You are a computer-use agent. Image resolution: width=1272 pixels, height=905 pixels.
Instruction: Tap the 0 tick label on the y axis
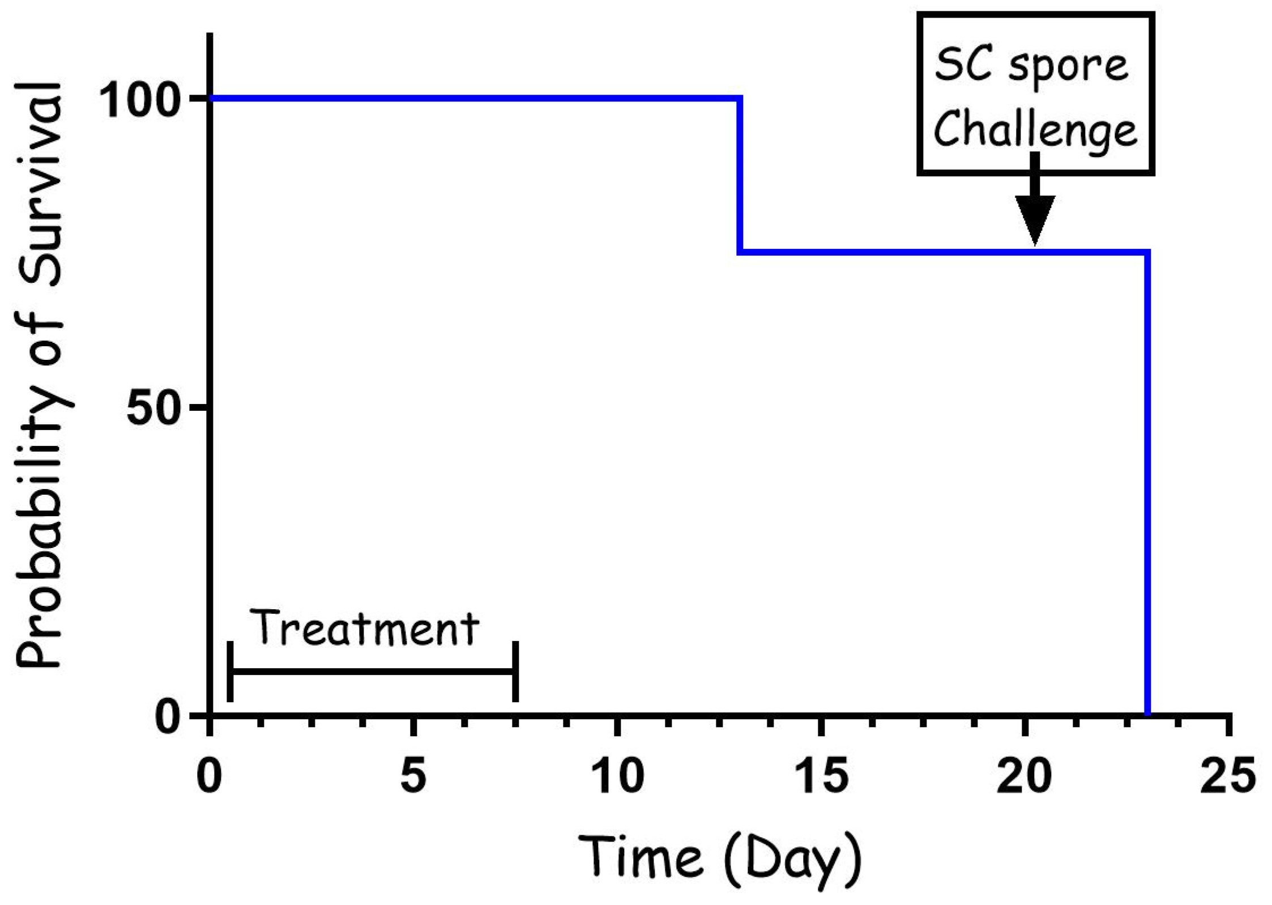click(x=168, y=717)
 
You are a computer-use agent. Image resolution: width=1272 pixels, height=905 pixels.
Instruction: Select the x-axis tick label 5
click(x=413, y=775)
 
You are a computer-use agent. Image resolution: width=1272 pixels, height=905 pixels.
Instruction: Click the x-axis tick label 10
click(x=617, y=775)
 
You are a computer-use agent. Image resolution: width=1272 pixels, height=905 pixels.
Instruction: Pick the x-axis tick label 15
click(x=821, y=775)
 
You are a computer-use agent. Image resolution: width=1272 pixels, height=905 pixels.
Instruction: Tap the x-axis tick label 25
click(x=1228, y=775)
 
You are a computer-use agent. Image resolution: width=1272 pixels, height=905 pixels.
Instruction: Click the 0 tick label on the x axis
click(x=210, y=775)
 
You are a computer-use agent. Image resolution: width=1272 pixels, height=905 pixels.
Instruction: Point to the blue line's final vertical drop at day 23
click(x=1147, y=482)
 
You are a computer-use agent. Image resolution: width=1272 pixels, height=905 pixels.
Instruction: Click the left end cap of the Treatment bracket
click(x=230, y=672)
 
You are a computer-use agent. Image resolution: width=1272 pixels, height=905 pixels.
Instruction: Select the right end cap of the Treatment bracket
click(x=515, y=672)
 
